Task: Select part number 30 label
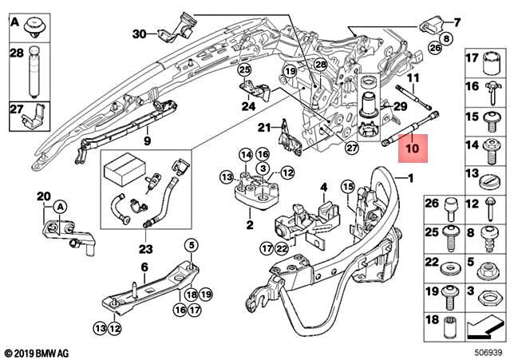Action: (140, 34)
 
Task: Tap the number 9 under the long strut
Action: (147, 141)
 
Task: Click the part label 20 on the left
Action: (43, 196)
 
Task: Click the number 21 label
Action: (262, 128)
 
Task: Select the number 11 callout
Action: (413, 78)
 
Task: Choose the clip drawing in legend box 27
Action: (30, 120)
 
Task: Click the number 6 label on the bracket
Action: (144, 267)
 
